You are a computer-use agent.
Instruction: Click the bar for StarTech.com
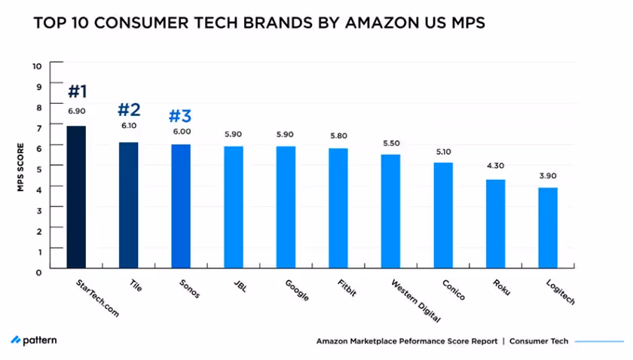point(76,197)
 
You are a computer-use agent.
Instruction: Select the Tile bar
point(129,205)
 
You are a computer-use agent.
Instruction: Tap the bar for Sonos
point(181,206)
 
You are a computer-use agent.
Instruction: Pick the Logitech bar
point(547,227)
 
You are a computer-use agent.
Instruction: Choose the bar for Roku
point(495,224)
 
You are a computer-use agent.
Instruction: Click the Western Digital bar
point(390,211)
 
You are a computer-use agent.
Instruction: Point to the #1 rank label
point(78,92)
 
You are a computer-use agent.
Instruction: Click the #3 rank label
point(181,116)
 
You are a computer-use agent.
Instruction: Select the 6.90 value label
point(77,111)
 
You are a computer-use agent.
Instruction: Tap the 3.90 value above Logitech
point(548,175)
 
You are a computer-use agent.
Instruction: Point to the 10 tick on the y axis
point(36,65)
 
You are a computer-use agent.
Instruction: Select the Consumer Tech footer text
point(538,341)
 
